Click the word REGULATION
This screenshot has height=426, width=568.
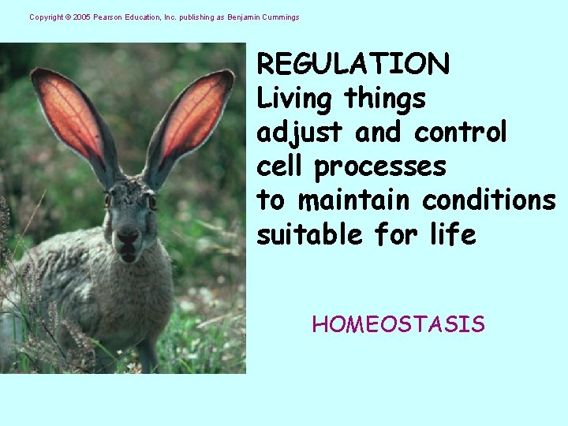coord(353,64)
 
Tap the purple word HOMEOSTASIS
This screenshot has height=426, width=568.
coord(398,324)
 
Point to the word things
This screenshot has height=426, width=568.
coord(385,99)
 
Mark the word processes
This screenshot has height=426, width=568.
coord(380,167)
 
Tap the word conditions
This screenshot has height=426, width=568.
coord(489,200)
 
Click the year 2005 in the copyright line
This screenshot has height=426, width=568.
coord(81,17)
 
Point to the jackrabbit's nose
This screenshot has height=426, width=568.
coord(129,234)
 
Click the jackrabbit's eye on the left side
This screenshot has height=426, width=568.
coord(108,200)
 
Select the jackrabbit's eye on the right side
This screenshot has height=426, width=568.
coord(152,202)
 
